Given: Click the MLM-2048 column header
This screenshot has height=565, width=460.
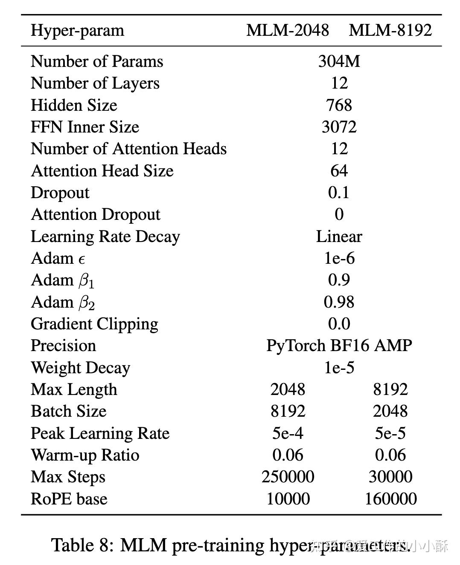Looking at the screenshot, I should [288, 30].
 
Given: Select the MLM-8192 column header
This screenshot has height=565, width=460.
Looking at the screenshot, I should [390, 30].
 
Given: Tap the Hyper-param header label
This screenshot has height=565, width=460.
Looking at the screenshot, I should [77, 31].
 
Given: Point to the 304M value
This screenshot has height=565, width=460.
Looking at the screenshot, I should [339, 61].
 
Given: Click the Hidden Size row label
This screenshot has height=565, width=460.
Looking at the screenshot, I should [74, 105].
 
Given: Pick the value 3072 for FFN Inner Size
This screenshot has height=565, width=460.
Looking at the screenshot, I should [339, 127].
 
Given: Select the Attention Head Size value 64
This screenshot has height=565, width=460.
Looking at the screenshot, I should [339, 171].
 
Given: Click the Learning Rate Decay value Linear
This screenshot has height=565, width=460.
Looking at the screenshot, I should [339, 236].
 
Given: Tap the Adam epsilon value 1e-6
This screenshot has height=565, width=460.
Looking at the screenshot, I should [339, 258].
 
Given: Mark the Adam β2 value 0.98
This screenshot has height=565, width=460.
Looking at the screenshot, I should [339, 302].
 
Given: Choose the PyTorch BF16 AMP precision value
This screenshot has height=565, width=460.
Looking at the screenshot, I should [339, 346].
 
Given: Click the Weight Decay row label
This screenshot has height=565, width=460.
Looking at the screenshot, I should [80, 368].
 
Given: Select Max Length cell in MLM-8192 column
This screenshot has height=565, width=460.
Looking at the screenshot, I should [390, 389].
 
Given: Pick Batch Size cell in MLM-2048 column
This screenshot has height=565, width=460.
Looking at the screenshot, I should [288, 411].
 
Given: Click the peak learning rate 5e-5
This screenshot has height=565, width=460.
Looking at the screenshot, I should [390, 433].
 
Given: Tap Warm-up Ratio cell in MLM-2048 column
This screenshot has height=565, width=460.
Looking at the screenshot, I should [288, 455].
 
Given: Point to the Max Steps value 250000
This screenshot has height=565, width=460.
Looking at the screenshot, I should [288, 477].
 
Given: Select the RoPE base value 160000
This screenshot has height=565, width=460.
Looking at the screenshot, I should [390, 499].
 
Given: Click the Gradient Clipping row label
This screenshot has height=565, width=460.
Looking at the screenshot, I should [94, 324].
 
